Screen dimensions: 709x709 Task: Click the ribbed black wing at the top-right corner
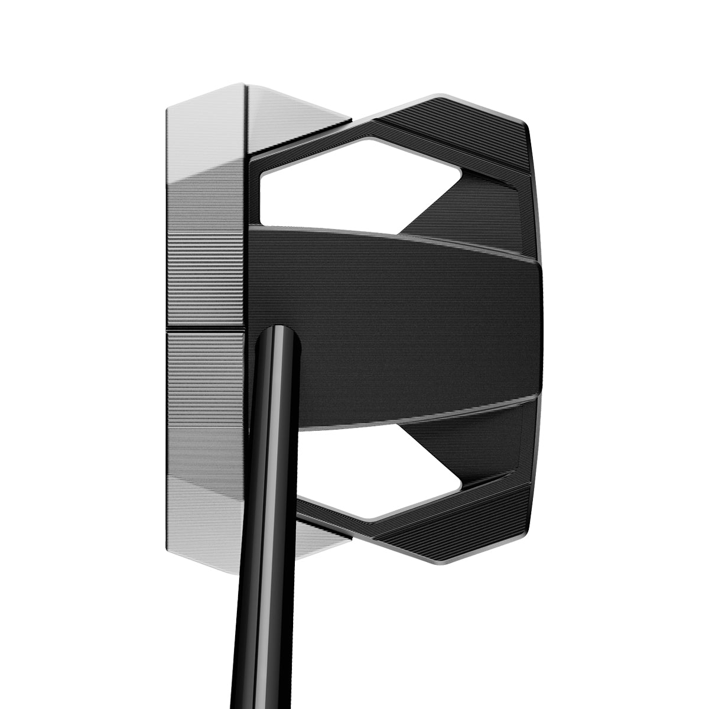[x=496, y=130]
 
